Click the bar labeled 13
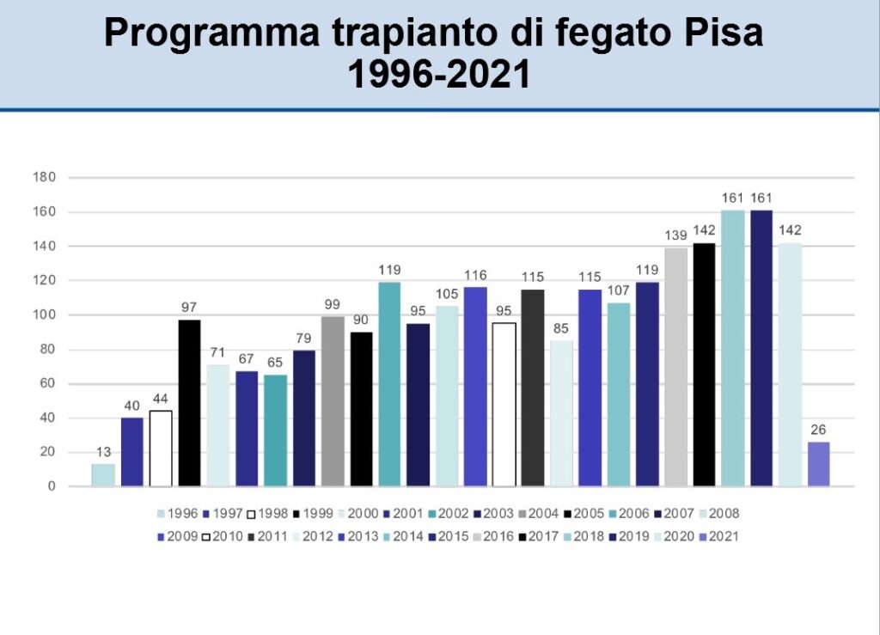103,475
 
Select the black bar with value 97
189,403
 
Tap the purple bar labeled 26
819,464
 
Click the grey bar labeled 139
675,367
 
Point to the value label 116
475,276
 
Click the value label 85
561,329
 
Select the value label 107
619,291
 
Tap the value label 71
217,353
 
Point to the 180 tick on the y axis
44,178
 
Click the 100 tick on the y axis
44,315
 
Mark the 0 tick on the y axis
52,486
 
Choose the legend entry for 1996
177,514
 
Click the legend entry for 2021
715,536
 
